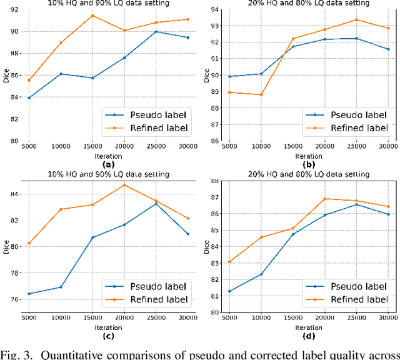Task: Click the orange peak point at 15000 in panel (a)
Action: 92,16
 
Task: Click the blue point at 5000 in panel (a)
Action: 29,97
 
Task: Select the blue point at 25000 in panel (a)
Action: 156,32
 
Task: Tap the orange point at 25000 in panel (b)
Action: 356,19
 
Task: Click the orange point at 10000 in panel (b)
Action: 261,94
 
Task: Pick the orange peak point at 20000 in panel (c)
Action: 124,185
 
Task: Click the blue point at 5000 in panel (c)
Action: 29,294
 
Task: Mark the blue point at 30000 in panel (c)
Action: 188,234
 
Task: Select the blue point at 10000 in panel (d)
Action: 261,274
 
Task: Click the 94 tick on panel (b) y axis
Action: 214,9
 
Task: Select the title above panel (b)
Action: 308,3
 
